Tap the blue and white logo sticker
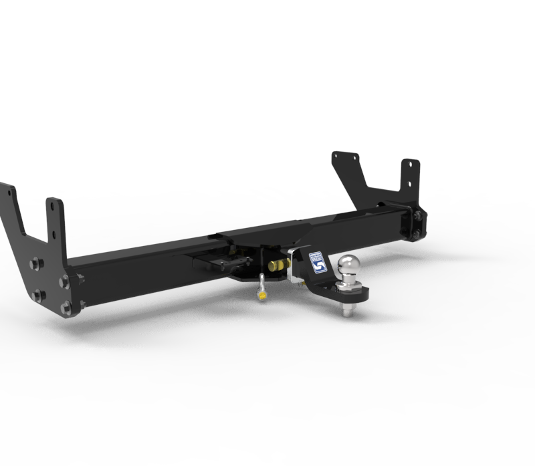(316, 262)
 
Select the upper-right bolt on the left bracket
(65, 281)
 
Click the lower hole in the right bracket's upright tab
(407, 183)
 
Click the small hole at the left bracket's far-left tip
(10, 191)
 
